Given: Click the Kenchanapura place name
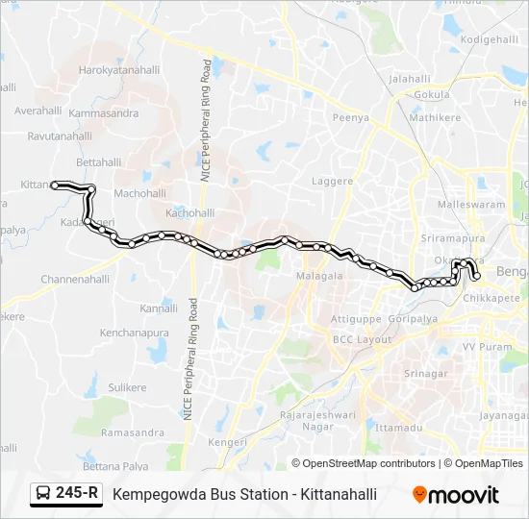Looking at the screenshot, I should click(x=134, y=333).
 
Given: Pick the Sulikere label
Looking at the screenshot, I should click(x=126, y=386).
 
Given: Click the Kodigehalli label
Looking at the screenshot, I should click(x=490, y=39).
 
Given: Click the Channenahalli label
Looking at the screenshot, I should click(x=76, y=280).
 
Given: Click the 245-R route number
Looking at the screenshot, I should click(x=78, y=493).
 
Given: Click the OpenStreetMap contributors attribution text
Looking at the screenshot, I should click(x=368, y=463).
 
